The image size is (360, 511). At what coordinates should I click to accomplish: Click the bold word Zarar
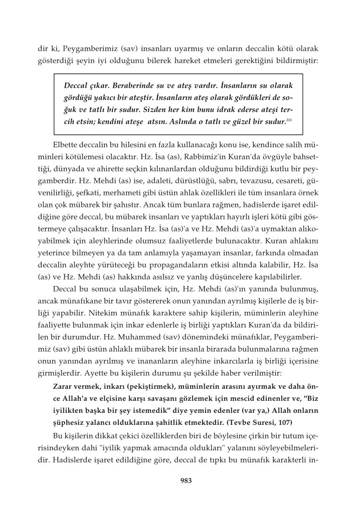pos(63,386)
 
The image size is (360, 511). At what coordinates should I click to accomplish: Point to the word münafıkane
pos(85,302)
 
